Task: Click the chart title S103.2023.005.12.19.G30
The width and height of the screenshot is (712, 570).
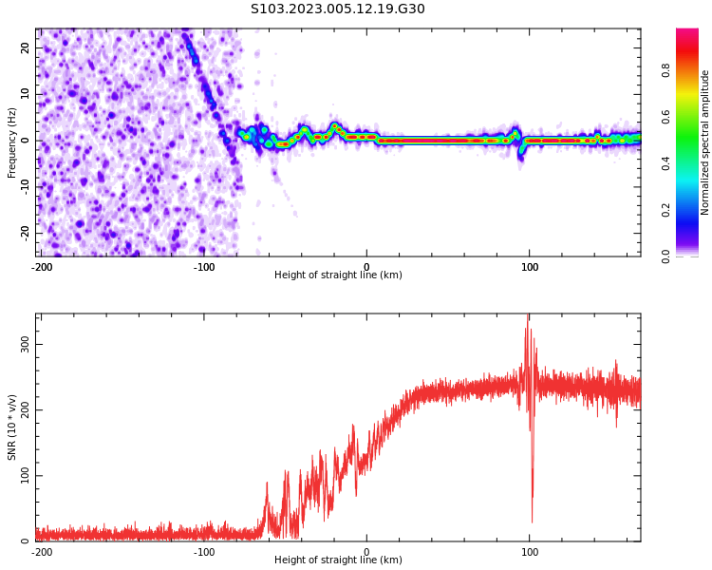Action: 338,9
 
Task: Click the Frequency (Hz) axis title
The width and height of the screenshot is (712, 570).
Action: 12,142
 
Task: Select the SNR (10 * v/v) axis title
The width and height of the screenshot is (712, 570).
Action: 12,427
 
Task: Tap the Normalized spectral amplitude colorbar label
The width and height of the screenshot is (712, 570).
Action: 705,142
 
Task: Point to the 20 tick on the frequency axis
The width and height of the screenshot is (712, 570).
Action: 27,47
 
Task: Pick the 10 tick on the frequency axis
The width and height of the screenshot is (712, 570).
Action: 27,94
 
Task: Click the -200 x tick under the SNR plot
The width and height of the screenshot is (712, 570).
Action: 42,551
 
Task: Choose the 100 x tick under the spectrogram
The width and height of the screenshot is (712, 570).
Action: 530,267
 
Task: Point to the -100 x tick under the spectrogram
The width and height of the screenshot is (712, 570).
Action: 204,267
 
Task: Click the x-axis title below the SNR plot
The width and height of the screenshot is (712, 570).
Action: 338,560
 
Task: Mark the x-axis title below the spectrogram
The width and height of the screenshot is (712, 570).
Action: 338,275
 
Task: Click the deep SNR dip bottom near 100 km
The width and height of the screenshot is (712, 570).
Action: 532,521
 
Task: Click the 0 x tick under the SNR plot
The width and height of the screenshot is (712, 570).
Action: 367,551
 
